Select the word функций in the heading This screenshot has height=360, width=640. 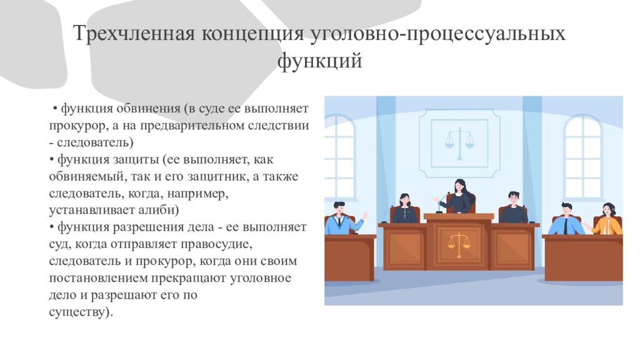click(319, 62)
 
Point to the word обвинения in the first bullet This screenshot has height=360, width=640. click(150, 109)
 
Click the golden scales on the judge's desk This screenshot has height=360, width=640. click(459, 244)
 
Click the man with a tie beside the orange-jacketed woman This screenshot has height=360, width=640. click(566, 220)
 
